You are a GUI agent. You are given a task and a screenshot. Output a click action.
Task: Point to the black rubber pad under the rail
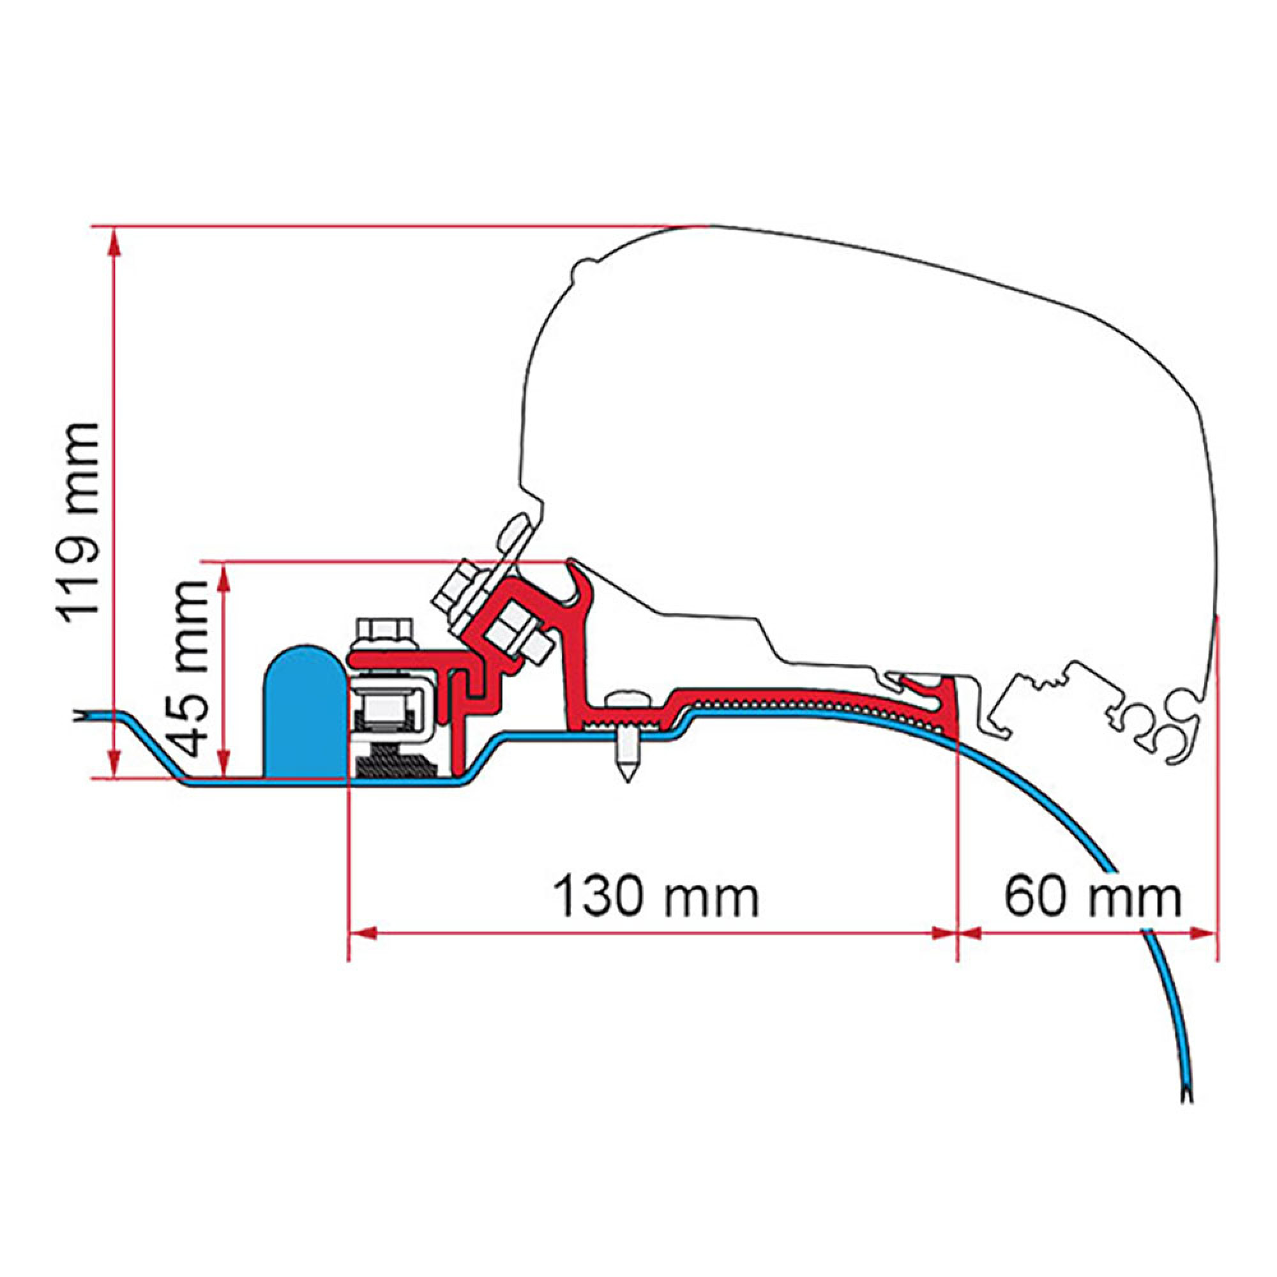click(395, 766)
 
